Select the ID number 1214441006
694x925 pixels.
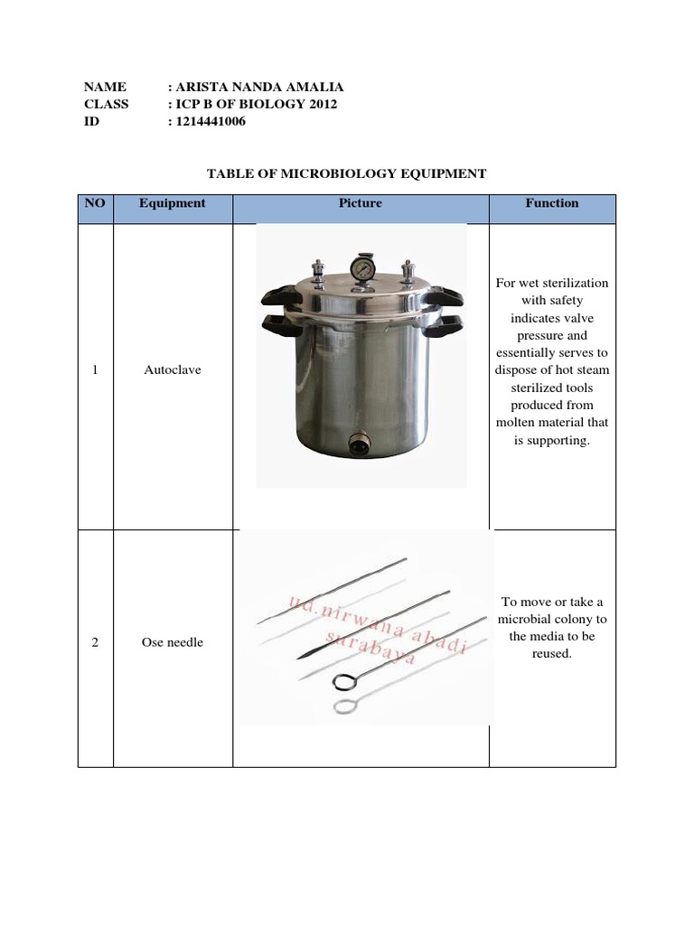(211, 121)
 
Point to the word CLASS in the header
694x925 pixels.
(107, 104)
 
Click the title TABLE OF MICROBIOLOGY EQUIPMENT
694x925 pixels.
(347, 173)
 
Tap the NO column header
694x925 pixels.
(95, 203)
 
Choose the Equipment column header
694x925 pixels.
(173, 203)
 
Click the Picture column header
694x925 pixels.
(361, 203)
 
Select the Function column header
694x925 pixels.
(552, 203)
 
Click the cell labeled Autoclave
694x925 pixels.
(173, 370)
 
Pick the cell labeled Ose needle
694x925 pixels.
(173, 642)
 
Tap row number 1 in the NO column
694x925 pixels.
(95, 370)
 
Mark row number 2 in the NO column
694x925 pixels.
(95, 642)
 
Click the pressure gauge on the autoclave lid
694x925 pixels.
(362, 268)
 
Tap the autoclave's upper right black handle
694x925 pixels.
(444, 294)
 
